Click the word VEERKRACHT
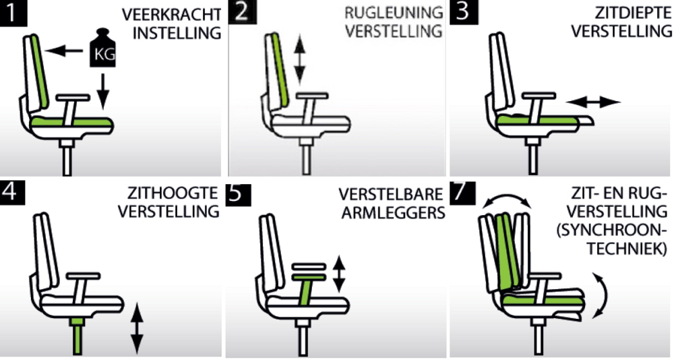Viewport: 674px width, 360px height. [171, 14]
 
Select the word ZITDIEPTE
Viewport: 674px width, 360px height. [633, 14]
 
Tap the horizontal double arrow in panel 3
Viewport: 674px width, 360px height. [592, 102]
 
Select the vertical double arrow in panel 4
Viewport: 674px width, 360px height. [137, 328]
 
